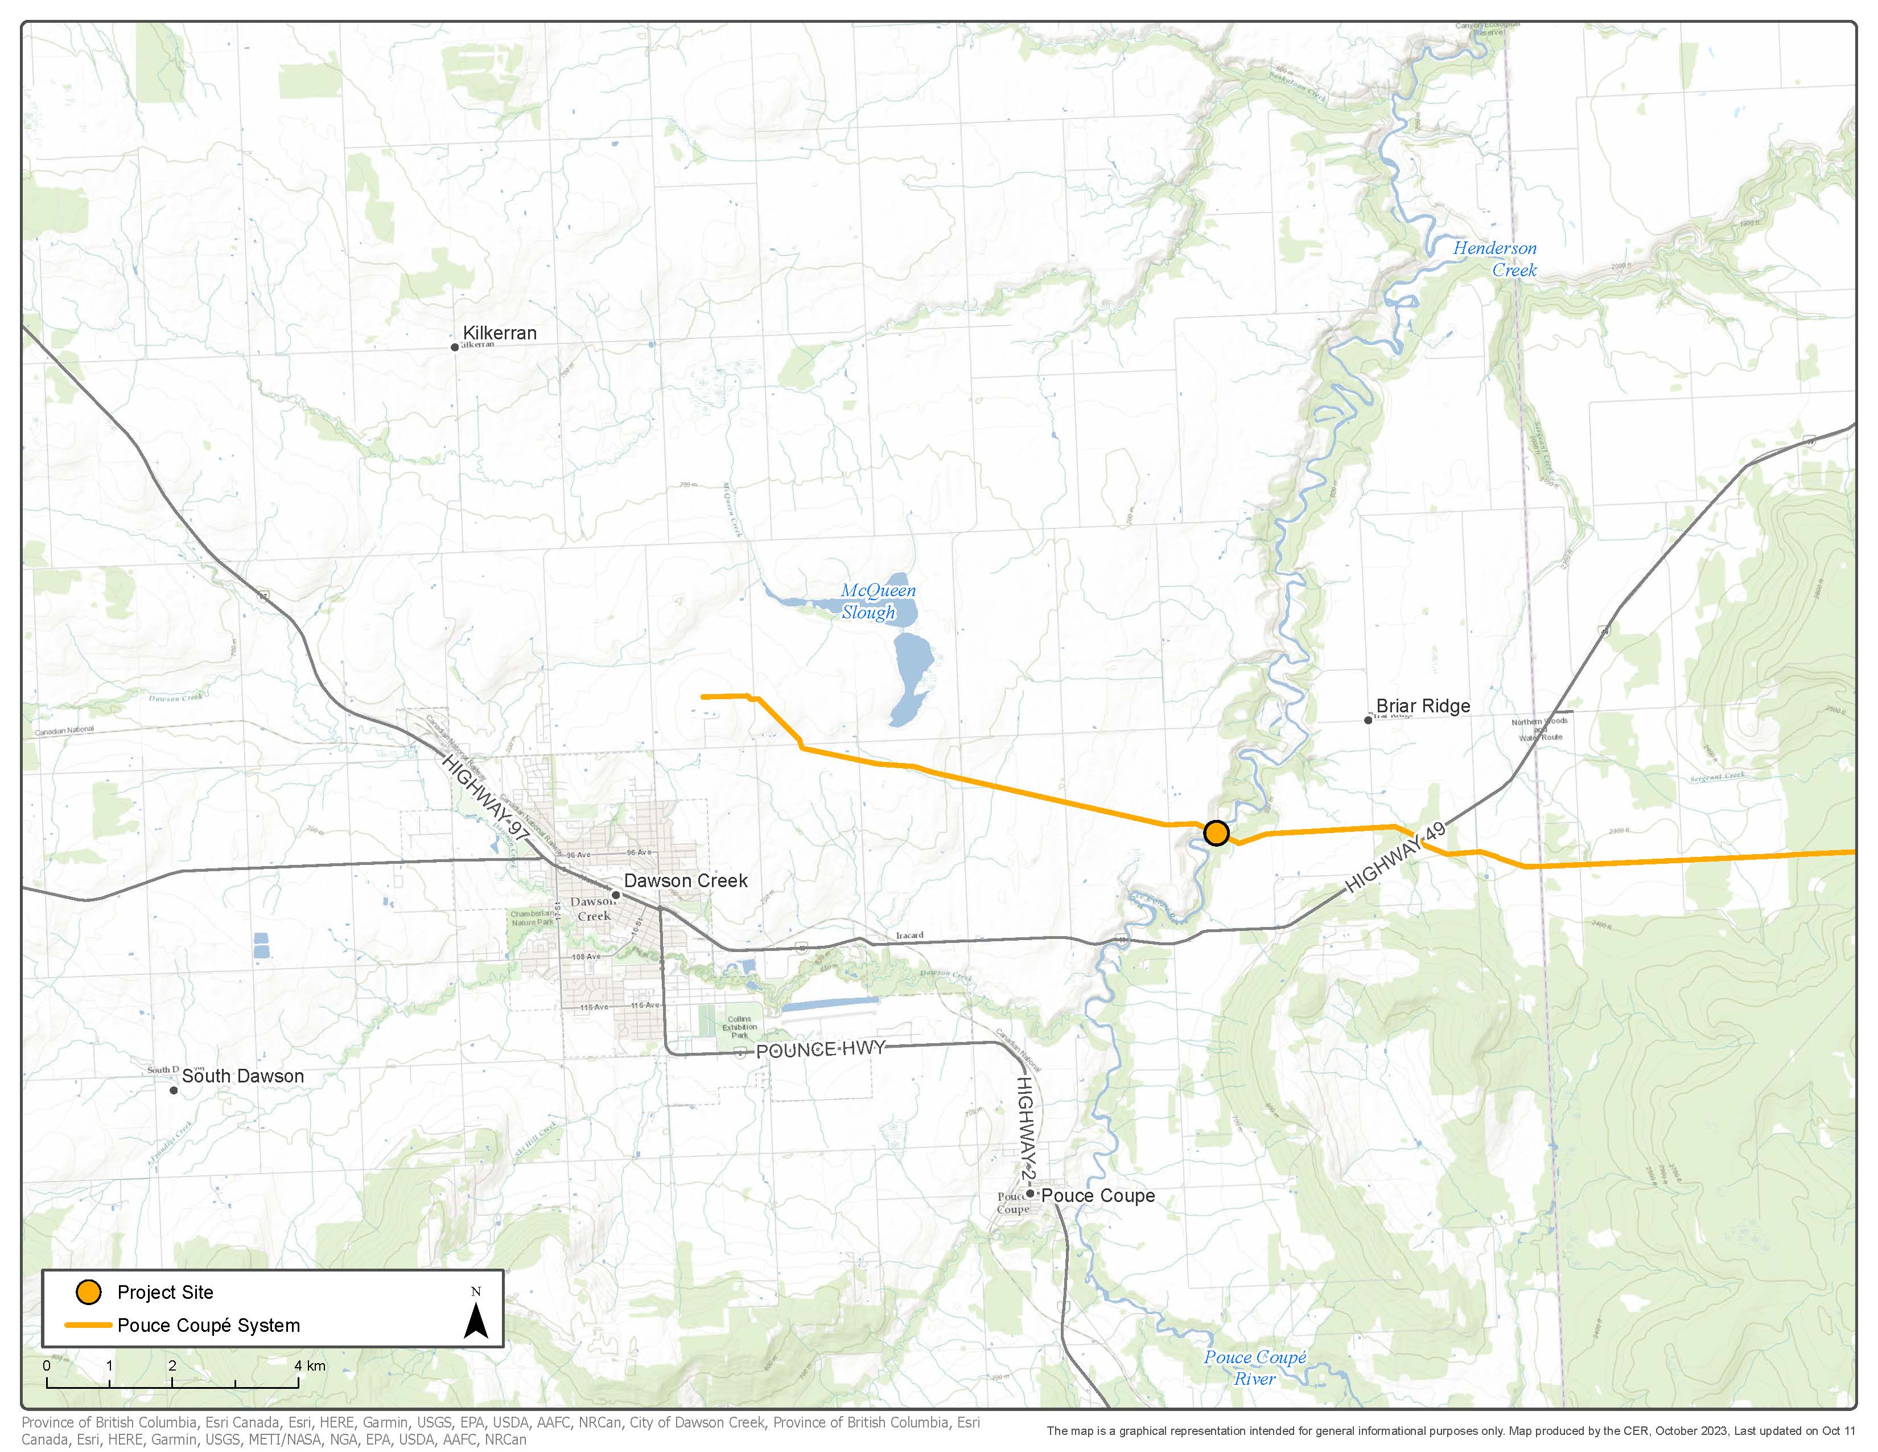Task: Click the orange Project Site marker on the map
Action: tap(1216, 832)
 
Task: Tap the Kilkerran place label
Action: tap(500, 333)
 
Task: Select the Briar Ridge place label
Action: tap(1423, 706)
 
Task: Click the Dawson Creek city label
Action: tap(685, 881)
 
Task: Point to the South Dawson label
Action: tap(242, 1076)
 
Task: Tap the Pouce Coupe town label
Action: tap(1098, 1196)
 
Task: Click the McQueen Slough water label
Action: tap(877, 601)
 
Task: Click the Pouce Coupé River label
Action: tap(1255, 1368)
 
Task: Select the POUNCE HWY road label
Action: tap(820, 1049)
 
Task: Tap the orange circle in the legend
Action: tap(89, 1292)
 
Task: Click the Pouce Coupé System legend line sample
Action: tap(89, 1326)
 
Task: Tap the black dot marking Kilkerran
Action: tap(455, 347)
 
